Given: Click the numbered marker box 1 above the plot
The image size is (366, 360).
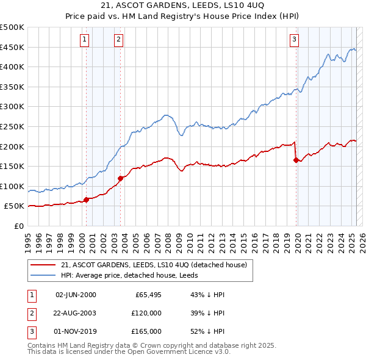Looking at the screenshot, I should pyautogui.click(x=84, y=40).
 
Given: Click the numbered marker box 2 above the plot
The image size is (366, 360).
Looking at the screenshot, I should pyautogui.click(x=118, y=40).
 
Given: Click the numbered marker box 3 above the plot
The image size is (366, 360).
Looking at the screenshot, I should pyautogui.click(x=294, y=40).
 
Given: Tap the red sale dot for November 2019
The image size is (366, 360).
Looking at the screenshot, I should pyautogui.click(x=296, y=160).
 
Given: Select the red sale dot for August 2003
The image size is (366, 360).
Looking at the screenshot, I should pyautogui.click(x=121, y=178).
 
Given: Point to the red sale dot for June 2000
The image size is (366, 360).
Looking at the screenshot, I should pyautogui.click(x=86, y=200).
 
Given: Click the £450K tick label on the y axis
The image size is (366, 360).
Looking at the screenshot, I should pyautogui.click(x=12, y=47).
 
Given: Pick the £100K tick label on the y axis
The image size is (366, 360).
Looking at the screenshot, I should pyautogui.click(x=12, y=186).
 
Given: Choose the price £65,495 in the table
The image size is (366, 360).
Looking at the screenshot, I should pyautogui.click(x=148, y=295).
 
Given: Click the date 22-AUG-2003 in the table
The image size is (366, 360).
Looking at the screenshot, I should pyautogui.click(x=76, y=313).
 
